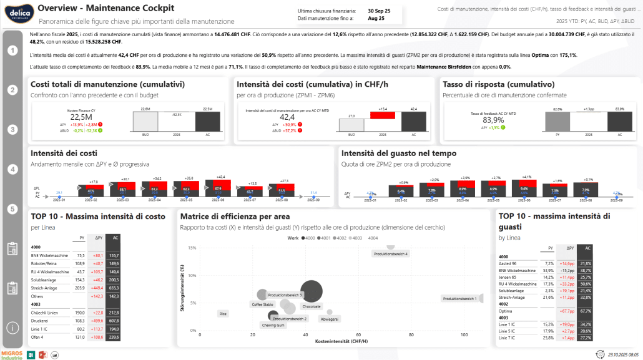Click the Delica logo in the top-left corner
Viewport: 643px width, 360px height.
click(14, 12)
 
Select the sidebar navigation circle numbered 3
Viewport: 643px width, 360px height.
click(12, 130)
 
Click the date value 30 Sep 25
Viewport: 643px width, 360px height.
click(379, 11)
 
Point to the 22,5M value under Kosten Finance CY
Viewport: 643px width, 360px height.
click(81, 117)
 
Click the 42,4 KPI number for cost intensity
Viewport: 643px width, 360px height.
click(287, 117)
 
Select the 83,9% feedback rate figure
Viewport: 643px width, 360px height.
click(493, 120)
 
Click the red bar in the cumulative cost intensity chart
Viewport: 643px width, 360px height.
click(383, 115)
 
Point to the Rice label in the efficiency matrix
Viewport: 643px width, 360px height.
click(223, 313)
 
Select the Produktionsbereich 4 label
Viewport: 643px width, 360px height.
click(390, 254)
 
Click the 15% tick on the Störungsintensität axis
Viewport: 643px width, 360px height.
click(192, 248)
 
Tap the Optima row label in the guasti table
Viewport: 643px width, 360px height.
click(506, 310)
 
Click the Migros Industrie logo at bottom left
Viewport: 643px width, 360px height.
click(12, 355)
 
